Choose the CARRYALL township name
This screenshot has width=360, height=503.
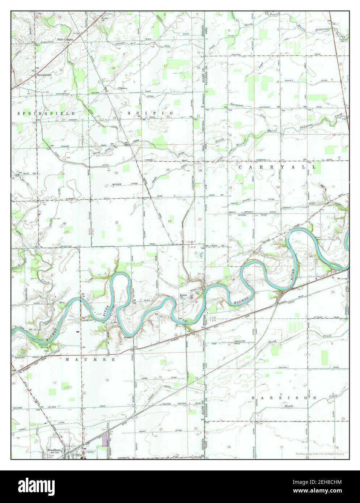[277, 167]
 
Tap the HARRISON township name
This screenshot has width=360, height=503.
[284, 398]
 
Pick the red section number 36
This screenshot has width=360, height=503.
[65, 223]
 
